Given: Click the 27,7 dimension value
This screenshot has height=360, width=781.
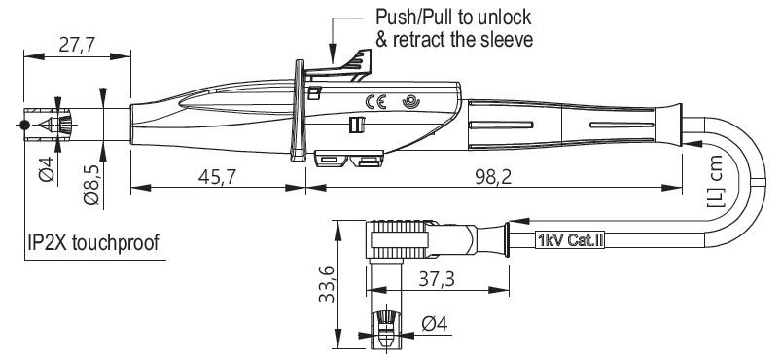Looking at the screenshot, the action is pos(77,45).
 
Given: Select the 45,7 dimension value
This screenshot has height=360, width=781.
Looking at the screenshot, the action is pos(217,176).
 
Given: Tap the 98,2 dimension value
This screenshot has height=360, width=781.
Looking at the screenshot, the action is pos(492,176).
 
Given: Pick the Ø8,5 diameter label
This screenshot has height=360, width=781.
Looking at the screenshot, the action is pos(91,186).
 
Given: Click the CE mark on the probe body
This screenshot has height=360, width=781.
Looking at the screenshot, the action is pos(375,102).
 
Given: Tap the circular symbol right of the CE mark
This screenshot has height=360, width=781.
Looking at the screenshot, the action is pos(410,102).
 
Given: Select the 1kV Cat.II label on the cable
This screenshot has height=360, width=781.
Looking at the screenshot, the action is pos(570,241).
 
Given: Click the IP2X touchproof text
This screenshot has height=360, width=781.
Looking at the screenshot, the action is pos(93,243).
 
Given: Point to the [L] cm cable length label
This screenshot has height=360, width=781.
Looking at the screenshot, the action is pos(715,181).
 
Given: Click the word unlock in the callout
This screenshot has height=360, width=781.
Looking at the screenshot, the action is pos(503,17).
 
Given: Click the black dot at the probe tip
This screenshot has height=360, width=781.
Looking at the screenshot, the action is pos(24,125).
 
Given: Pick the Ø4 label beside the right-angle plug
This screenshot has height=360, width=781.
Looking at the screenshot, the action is pos(435,324).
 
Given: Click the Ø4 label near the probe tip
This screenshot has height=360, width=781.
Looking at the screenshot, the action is pos(46,168).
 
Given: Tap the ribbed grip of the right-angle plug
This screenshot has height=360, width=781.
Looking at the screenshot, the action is pos(400,238).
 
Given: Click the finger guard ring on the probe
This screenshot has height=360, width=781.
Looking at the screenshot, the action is pos(299,111).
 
